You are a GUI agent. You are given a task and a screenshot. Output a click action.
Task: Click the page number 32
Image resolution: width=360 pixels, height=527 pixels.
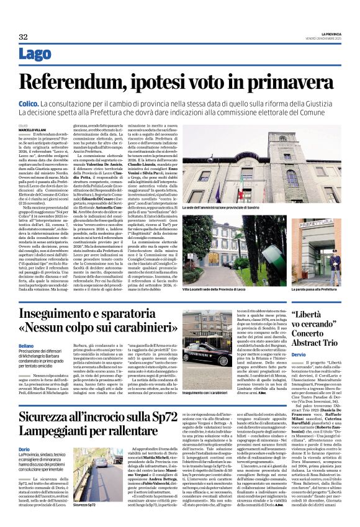point(23,37)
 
